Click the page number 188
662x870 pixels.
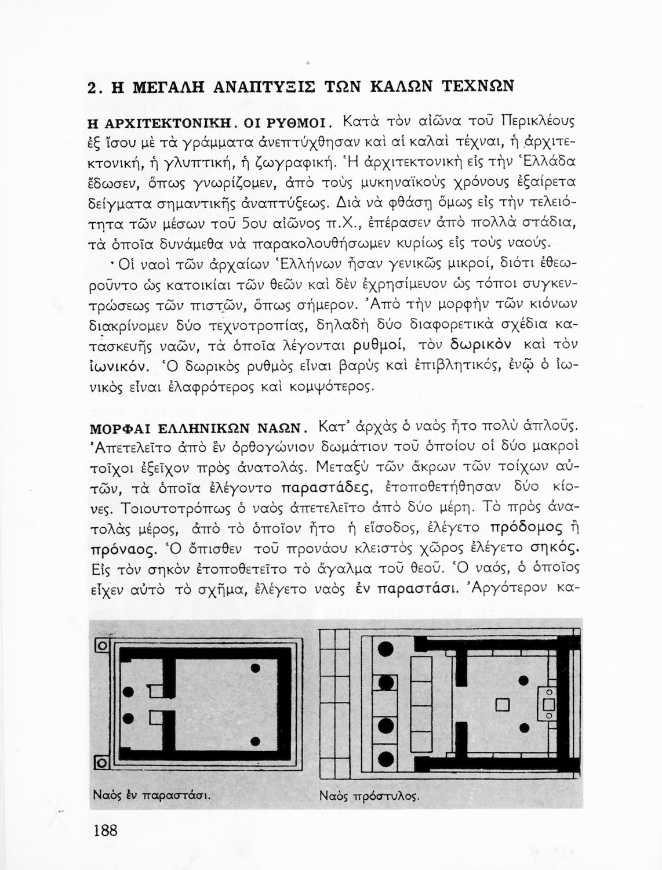106,830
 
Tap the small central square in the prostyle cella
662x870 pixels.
503,704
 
